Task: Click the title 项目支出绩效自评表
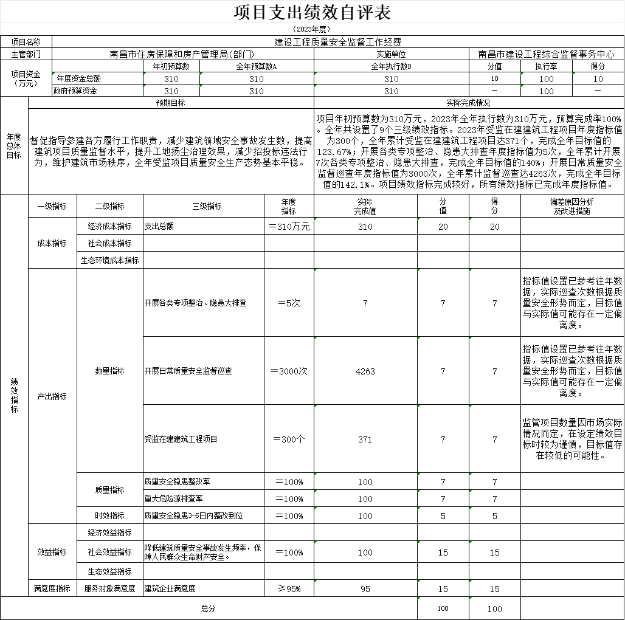(x=312, y=12)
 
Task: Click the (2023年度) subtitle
(x=312, y=29)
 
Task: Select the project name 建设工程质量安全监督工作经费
(x=338, y=42)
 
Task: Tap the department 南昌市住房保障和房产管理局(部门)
(x=182, y=54)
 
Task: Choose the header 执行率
(x=546, y=66)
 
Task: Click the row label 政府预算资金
(x=75, y=91)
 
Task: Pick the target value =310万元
(x=289, y=226)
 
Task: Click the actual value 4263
(x=365, y=371)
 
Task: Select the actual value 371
(x=365, y=439)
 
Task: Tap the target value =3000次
(x=289, y=371)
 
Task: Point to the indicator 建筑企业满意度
(x=170, y=588)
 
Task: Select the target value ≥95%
(x=289, y=588)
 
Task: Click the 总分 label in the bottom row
(x=208, y=608)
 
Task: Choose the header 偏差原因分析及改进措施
(x=571, y=206)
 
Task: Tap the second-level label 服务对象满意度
(x=109, y=588)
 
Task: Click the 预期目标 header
(x=171, y=103)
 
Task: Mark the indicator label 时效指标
(x=109, y=515)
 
